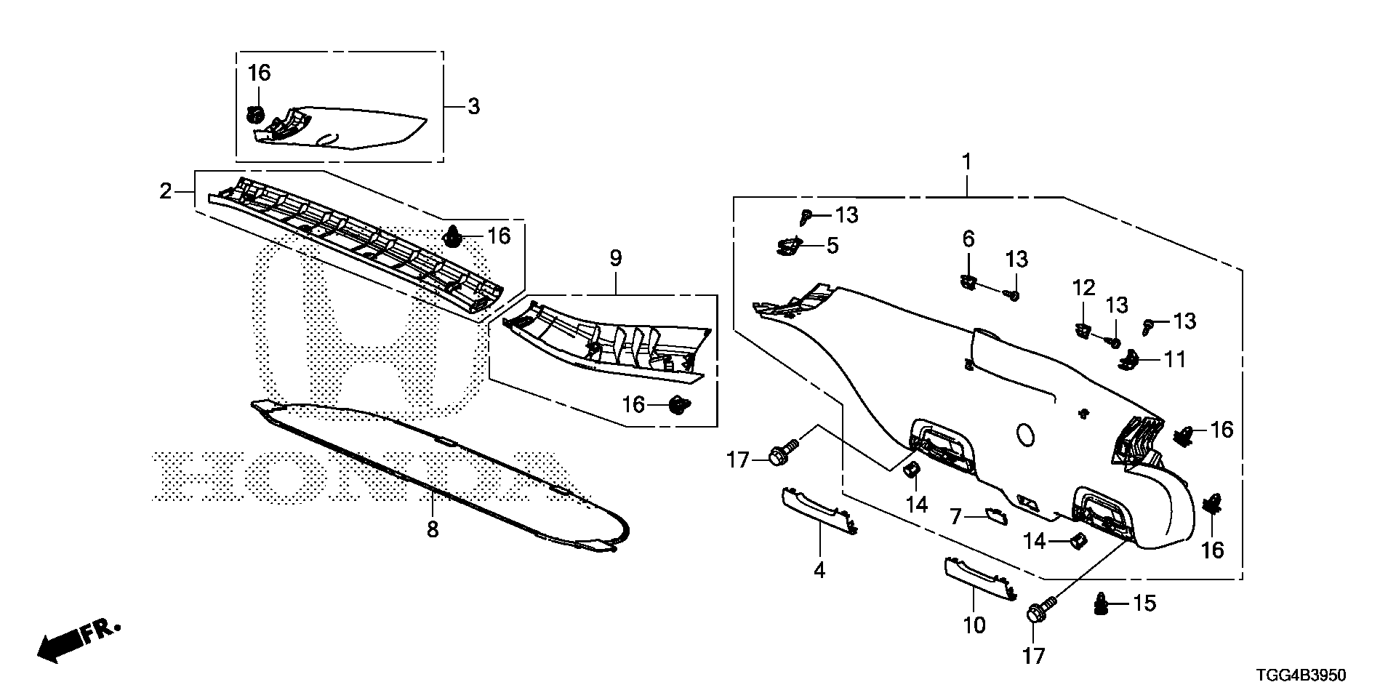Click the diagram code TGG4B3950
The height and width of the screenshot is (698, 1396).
pyautogui.click(x=1301, y=675)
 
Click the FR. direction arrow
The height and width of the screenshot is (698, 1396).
pyautogui.click(x=76, y=640)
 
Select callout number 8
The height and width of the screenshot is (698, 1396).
pyautogui.click(x=433, y=529)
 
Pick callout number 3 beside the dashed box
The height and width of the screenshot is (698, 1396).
pyautogui.click(x=473, y=107)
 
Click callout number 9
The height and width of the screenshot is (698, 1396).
pyautogui.click(x=616, y=257)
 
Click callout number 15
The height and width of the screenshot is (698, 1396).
pyautogui.click(x=1144, y=603)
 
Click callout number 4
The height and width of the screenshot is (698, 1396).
pyautogui.click(x=819, y=570)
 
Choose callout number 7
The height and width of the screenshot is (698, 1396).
pyautogui.click(x=956, y=517)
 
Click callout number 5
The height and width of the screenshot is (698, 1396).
pyautogui.click(x=832, y=246)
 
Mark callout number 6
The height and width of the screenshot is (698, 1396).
pyautogui.click(x=968, y=238)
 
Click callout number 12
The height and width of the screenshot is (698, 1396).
pyautogui.click(x=1083, y=288)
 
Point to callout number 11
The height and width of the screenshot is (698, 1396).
pyautogui.click(x=1175, y=359)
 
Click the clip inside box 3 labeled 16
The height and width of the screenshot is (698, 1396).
pyautogui.click(x=255, y=114)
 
